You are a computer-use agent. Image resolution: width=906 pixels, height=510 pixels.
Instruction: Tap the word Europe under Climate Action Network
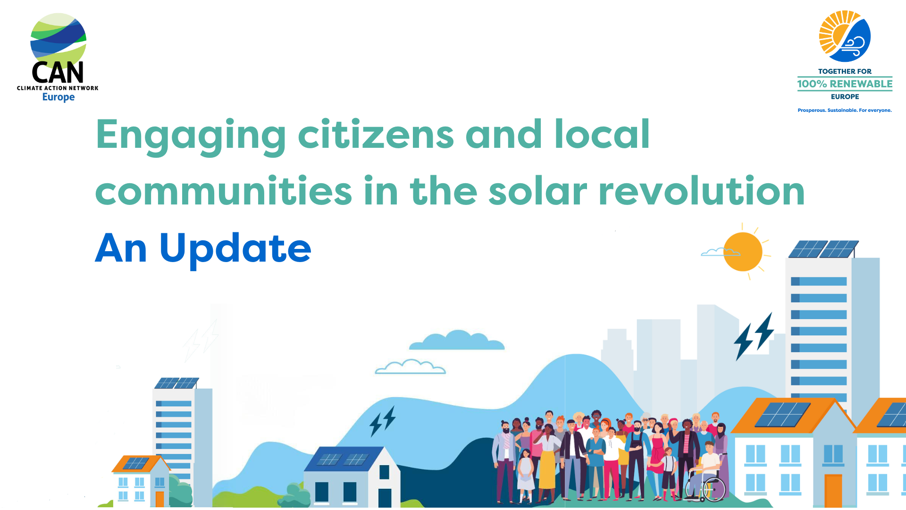pyautogui.click(x=59, y=97)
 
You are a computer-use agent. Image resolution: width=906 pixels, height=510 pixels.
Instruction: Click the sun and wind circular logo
pyautogui.click(x=845, y=36)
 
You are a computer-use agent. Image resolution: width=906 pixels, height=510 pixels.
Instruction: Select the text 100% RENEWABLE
pyautogui.click(x=845, y=84)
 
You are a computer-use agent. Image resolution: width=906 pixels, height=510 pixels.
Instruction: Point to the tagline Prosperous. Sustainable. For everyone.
pyautogui.click(x=845, y=110)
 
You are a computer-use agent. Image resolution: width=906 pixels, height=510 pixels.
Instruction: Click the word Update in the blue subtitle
pyautogui.click(x=235, y=249)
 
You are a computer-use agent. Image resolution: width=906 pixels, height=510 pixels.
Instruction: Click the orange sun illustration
pyautogui.click(x=743, y=252)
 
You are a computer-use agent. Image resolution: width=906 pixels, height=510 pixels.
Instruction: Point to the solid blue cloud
pyautogui.click(x=457, y=341)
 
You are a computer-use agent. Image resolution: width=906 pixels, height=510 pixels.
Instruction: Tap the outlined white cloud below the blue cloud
pyautogui.click(x=410, y=367)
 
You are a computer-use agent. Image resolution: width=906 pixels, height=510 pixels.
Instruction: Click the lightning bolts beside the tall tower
pyautogui.click(x=754, y=336)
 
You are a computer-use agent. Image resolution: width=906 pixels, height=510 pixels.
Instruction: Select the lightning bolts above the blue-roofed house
pyautogui.click(x=382, y=421)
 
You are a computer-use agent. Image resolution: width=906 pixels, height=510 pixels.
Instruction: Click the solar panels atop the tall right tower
pyautogui.click(x=823, y=249)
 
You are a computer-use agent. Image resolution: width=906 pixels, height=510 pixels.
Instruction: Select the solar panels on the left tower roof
pyautogui.click(x=177, y=383)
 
